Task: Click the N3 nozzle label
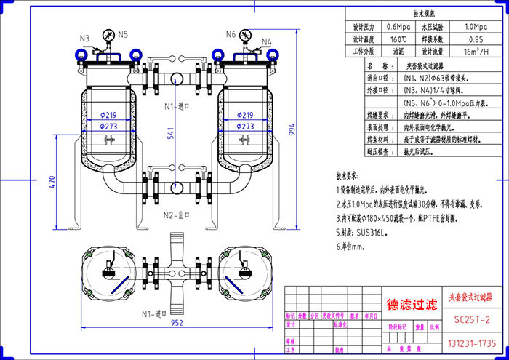tap(84, 38)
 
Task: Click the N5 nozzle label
tap(124, 34)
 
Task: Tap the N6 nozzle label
tap(231, 34)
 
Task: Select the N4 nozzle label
tap(267, 41)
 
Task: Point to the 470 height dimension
tap(52, 183)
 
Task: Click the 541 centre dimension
tap(170, 135)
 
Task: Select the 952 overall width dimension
tap(177, 323)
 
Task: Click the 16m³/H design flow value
tap(476, 52)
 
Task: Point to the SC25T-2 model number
tap(472, 319)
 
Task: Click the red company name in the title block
tap(412, 304)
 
